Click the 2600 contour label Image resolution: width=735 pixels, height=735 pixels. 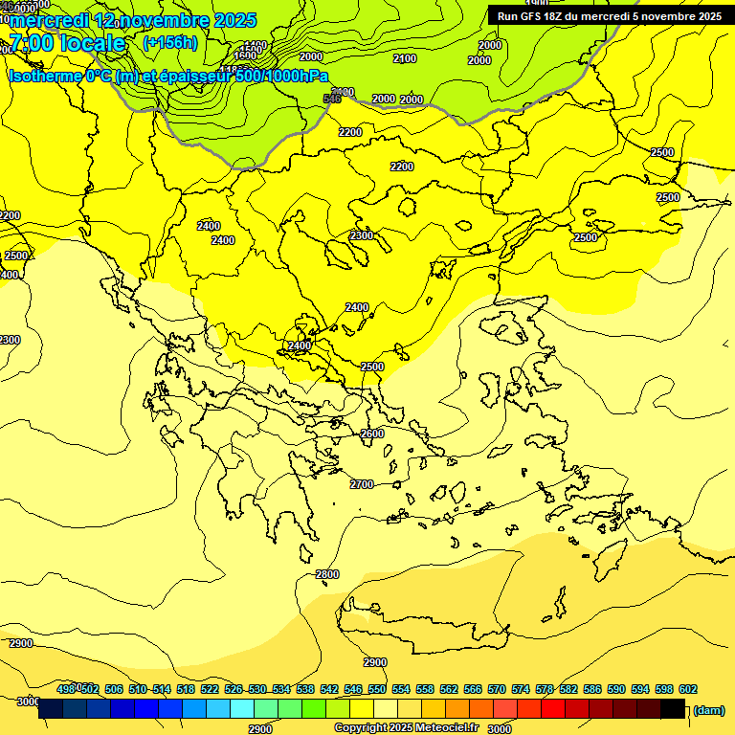[x=372, y=434]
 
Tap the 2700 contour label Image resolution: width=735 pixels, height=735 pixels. [x=362, y=484]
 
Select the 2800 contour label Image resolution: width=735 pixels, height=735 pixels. [x=327, y=574]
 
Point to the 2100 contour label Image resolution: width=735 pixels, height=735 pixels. [x=405, y=58]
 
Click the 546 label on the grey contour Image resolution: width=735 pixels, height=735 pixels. [x=332, y=99]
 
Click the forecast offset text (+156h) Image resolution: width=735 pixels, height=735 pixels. [x=170, y=42]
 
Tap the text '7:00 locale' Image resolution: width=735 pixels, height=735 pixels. [x=67, y=43]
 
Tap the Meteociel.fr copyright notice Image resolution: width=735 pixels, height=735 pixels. [x=406, y=727]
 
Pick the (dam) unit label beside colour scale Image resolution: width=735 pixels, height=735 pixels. [x=708, y=710]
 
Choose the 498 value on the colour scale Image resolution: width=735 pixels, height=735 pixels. [x=66, y=689]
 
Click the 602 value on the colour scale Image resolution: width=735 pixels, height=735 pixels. [x=687, y=689]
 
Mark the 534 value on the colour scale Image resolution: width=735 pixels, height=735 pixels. [x=281, y=689]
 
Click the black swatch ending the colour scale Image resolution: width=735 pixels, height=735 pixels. [x=673, y=709]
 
